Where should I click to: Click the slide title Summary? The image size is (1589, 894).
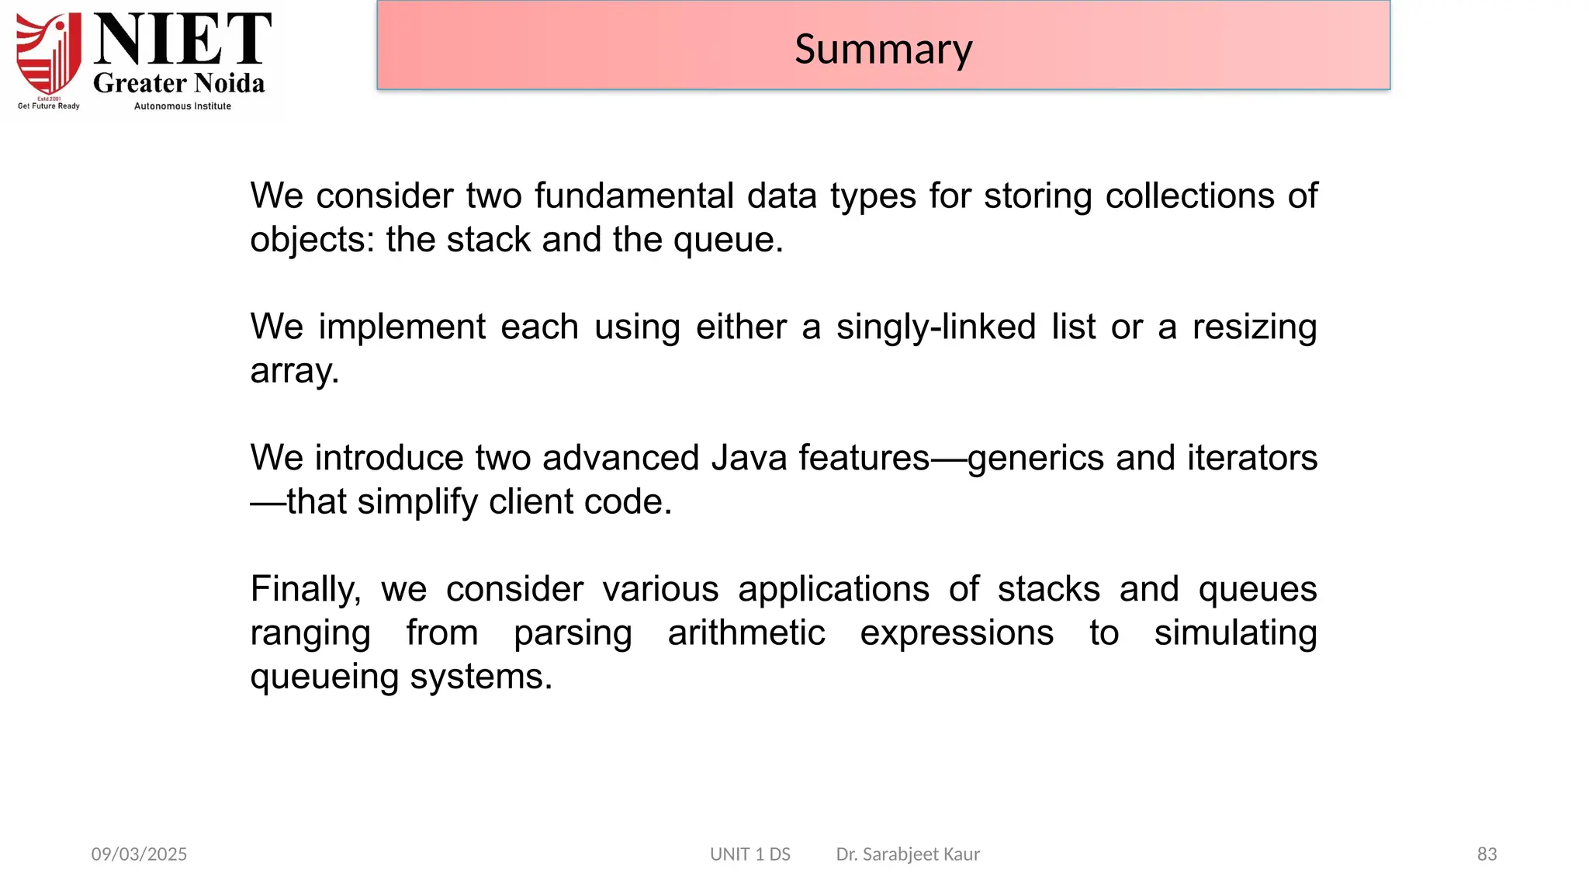pos(883,49)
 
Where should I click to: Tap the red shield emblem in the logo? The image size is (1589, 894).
pos(49,54)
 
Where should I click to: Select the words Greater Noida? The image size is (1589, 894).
pos(178,83)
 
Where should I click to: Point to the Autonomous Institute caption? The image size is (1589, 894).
pos(182,106)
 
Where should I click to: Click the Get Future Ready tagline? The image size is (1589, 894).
pos(49,106)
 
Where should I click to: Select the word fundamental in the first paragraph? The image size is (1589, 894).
pos(634,196)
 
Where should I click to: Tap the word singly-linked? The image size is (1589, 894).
pos(936,327)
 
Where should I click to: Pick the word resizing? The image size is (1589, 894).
pos(1254,327)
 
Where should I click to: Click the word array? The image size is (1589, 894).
pos(293,371)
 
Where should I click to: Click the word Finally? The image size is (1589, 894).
pos(305,589)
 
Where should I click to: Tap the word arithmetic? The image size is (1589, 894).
pos(746,632)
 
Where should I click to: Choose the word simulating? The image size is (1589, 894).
pos(1235,632)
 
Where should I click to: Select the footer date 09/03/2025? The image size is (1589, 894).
pos(139,854)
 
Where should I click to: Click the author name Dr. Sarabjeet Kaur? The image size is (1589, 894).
pos(908,854)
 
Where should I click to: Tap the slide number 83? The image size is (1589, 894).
pos(1487,854)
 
